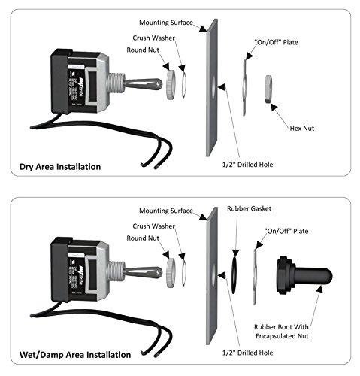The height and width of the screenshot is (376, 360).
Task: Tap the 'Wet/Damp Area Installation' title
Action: (x=77, y=353)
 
